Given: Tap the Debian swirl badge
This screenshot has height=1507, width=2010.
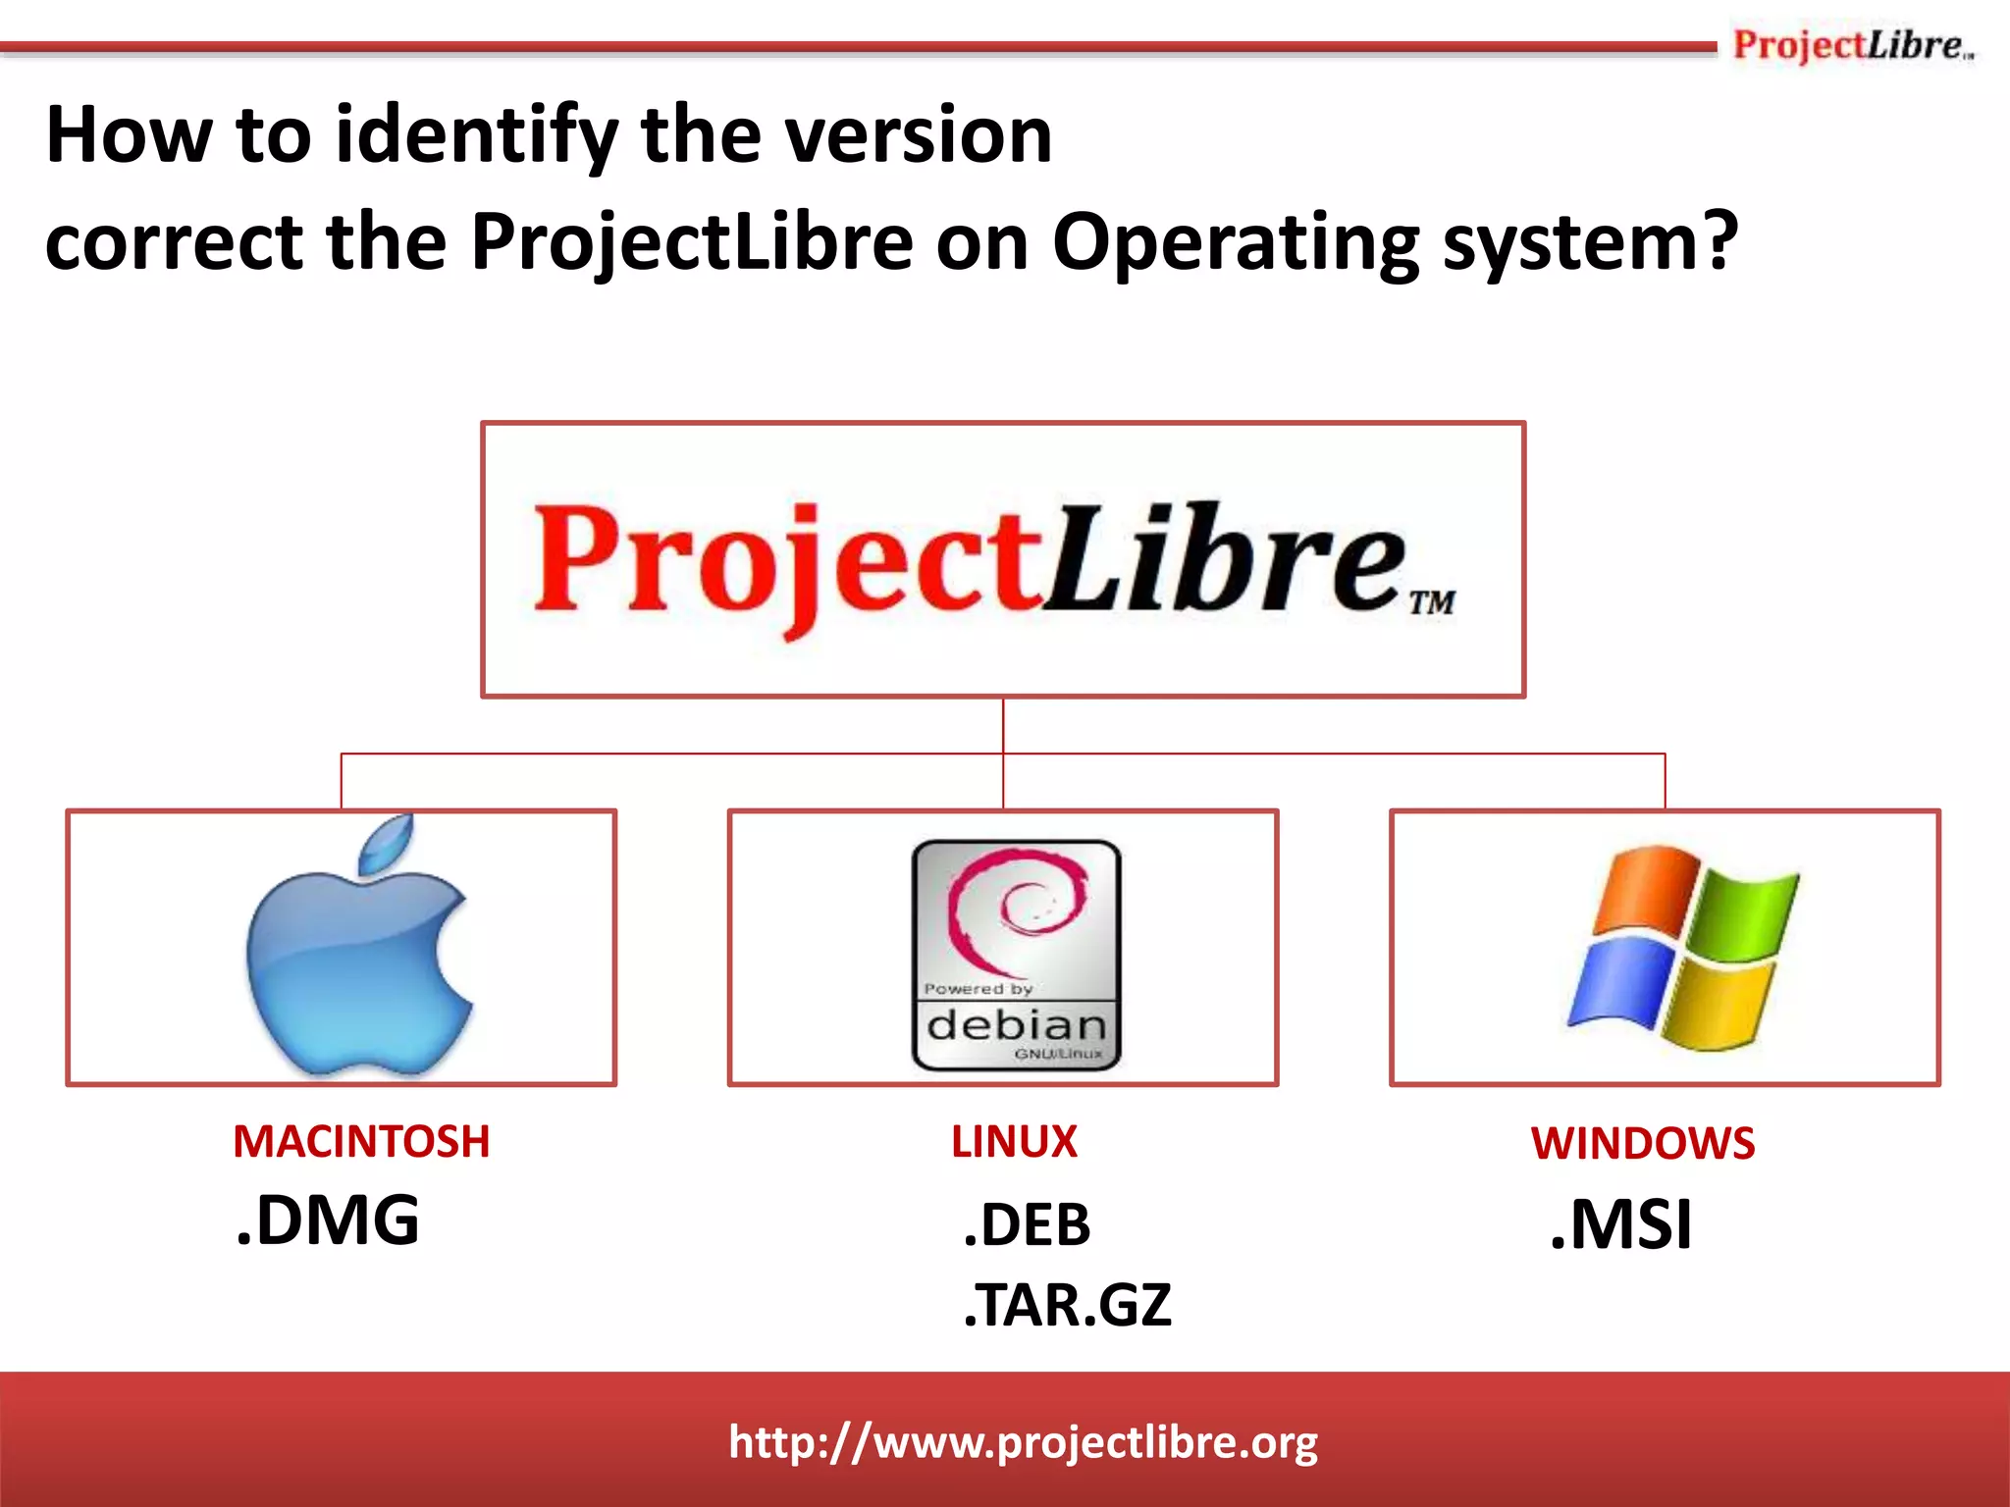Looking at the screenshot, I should (x=1016, y=955).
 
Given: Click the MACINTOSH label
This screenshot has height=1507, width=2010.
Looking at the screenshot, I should (x=361, y=1142).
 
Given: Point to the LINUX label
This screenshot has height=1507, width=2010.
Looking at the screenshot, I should (x=1014, y=1142).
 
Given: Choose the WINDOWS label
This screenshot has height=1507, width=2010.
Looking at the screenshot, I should (x=1643, y=1144).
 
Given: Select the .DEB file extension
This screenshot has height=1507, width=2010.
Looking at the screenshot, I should (x=1027, y=1225).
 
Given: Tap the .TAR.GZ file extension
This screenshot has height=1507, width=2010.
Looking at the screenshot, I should (x=1068, y=1306).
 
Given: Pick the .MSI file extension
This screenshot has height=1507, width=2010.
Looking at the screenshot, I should (x=1621, y=1225).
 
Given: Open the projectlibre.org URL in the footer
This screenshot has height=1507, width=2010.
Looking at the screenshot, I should (x=1023, y=1442).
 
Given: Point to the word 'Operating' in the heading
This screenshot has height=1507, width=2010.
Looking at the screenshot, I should (x=1236, y=243).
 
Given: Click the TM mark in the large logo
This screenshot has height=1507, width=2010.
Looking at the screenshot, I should (x=1432, y=602).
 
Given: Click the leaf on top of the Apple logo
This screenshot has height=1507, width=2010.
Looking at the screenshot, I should (x=387, y=843).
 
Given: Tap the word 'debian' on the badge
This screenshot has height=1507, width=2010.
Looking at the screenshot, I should (x=1016, y=1026).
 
